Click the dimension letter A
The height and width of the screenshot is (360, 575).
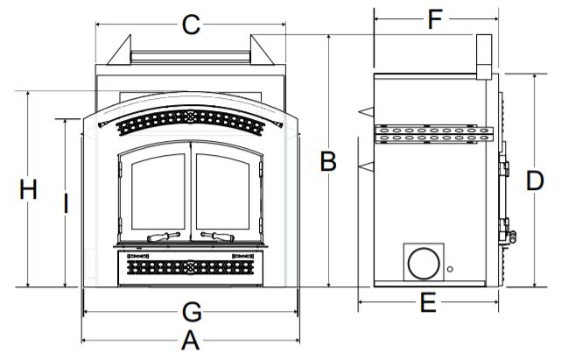190,340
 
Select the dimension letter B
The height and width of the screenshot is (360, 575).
328,161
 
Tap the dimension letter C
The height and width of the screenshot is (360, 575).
191,25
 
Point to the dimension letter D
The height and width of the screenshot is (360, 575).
535,180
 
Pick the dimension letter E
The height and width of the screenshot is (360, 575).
428,303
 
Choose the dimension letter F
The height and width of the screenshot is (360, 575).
435,19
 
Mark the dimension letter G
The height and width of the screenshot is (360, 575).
192,313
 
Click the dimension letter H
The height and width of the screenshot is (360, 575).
28,190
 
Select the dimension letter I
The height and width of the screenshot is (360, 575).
66,204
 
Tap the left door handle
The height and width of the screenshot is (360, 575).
164,236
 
